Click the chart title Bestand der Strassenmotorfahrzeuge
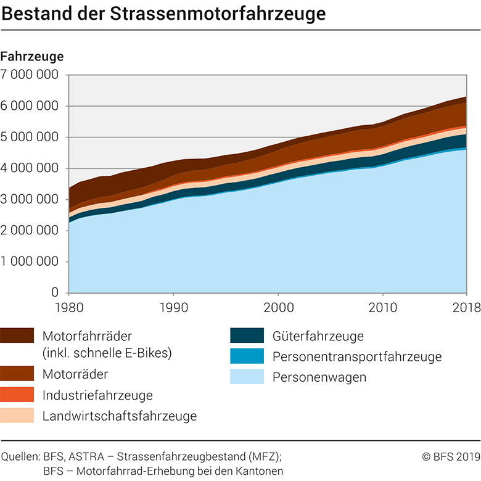pos(163,12)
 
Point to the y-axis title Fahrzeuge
pos(32,56)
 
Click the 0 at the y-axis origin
pos(54,293)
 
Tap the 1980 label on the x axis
pos(68,306)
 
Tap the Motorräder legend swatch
pos(17,374)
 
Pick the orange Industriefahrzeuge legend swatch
pos(17,395)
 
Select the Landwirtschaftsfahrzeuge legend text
pos(120,416)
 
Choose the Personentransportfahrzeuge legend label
pos(357,356)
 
